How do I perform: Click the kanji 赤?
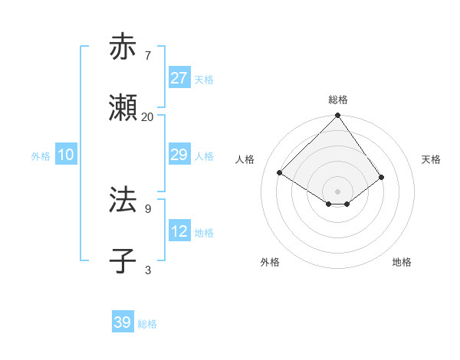click(123, 47)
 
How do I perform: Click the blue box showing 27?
click(179, 78)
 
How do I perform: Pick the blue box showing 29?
click(179, 155)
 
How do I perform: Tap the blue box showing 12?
click(179, 231)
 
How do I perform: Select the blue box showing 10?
click(66, 155)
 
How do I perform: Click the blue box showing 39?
click(123, 322)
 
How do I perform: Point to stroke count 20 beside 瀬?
click(148, 117)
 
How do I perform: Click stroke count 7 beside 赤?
click(148, 56)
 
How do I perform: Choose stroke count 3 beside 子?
click(148, 270)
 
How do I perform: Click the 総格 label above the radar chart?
click(338, 100)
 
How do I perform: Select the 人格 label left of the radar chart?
click(245, 159)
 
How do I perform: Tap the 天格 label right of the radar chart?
click(431, 159)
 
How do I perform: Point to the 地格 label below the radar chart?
click(402, 262)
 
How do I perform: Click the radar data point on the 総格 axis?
click(338, 116)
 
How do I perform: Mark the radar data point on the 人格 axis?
click(280, 173)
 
